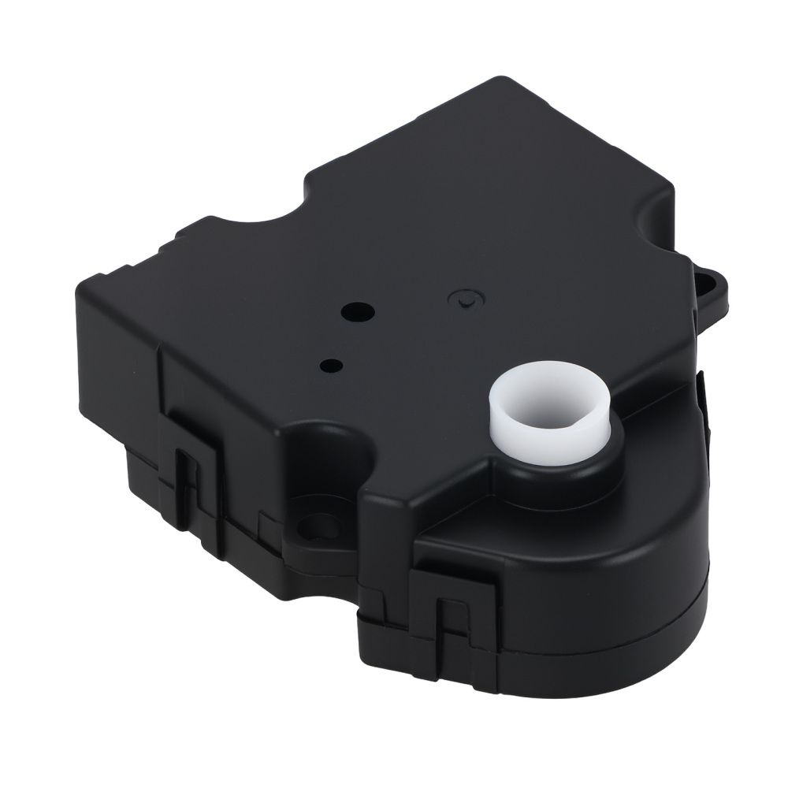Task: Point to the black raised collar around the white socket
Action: tap(567, 465)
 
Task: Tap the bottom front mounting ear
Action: tap(315, 524)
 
